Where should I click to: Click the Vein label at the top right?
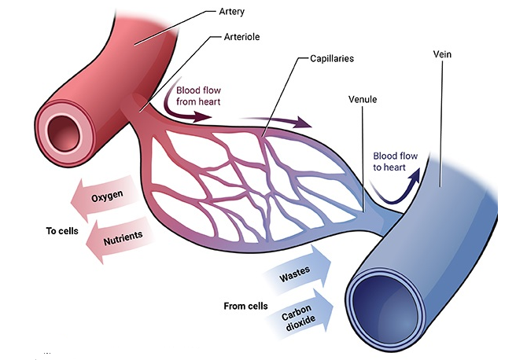coord(444,56)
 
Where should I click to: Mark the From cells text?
coord(245,305)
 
